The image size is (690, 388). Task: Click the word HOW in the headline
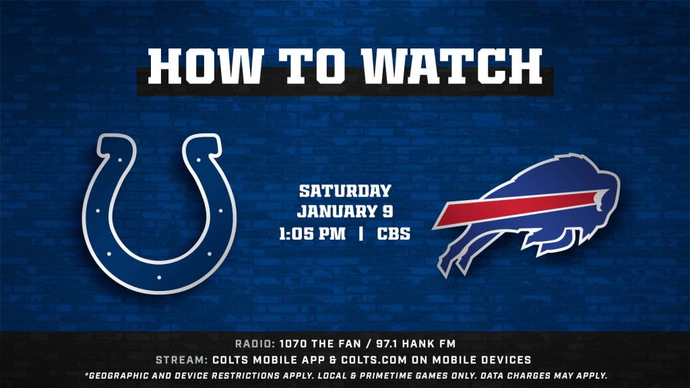tap(206, 66)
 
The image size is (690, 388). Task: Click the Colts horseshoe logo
tap(159, 214)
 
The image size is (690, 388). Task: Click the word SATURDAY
tap(345, 191)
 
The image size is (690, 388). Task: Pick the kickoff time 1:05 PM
tap(313, 234)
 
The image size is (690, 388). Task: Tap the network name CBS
tap(394, 234)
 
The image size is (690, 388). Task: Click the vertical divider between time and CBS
tap(361, 234)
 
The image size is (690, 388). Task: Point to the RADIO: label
tap(255, 344)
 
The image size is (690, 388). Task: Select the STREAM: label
tap(182, 360)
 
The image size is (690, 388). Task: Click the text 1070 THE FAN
tap(320, 344)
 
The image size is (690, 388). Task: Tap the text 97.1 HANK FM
tap(416, 344)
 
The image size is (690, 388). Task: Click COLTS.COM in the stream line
tap(374, 360)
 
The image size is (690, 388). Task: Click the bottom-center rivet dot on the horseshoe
tap(159, 278)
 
